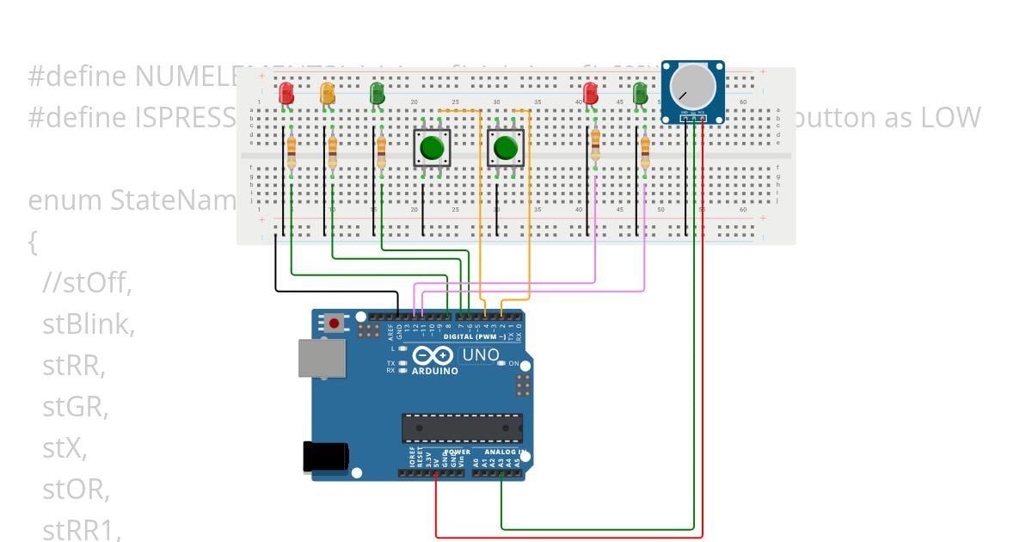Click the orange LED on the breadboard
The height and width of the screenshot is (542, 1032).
327,92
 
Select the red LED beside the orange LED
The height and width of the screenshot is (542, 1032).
286,92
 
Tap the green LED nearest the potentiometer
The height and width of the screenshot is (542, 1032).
639,92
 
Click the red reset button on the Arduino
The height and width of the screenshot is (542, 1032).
334,323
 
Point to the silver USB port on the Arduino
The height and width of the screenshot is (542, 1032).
321,357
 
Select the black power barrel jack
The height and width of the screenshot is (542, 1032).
324,457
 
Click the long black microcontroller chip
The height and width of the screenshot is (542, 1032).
462,428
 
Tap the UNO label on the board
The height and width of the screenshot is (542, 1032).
481,354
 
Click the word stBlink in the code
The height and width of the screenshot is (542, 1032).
89,324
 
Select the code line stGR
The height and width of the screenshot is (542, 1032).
76,407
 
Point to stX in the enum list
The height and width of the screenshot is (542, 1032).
64,448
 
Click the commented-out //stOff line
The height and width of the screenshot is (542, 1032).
88,282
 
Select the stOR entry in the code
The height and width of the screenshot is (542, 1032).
76,490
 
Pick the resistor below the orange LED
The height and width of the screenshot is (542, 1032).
332,151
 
